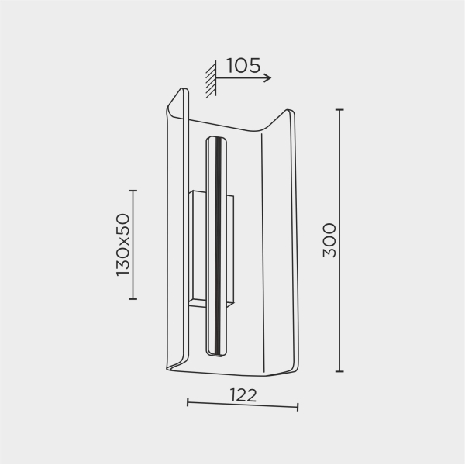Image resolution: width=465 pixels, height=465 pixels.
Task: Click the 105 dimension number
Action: (x=243, y=66)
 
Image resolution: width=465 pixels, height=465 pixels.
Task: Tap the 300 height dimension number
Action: (x=329, y=240)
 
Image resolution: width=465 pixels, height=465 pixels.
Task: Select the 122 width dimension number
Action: (x=243, y=395)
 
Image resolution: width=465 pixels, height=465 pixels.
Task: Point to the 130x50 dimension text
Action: (x=123, y=245)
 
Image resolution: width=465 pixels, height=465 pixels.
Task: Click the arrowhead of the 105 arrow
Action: (x=268, y=78)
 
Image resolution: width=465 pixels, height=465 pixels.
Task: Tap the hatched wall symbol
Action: (x=211, y=79)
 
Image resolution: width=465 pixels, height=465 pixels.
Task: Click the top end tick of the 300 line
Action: (x=339, y=110)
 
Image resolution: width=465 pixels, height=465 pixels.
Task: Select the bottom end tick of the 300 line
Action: (x=339, y=371)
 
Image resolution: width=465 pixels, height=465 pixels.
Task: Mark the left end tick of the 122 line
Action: (x=188, y=402)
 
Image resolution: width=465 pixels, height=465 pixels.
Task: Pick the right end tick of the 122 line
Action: (x=298, y=407)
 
